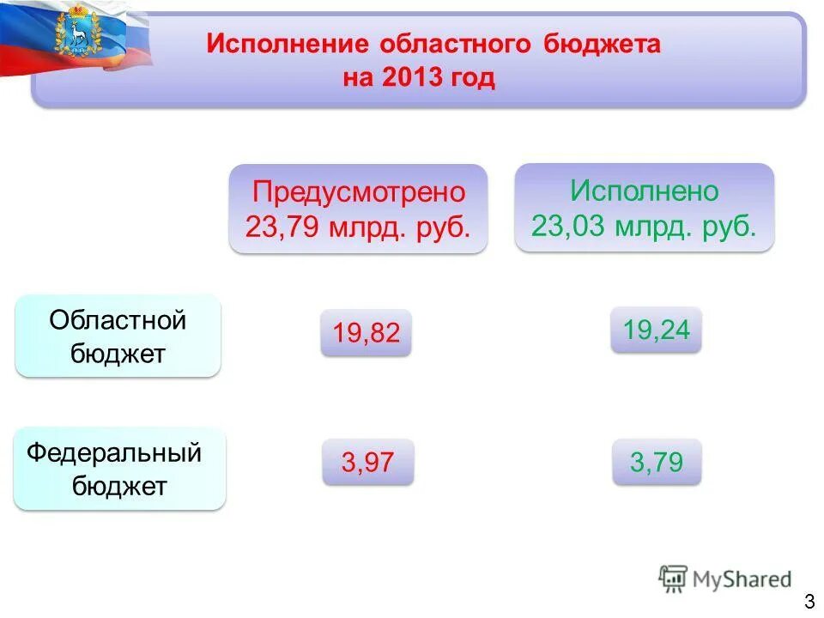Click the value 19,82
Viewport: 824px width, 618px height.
click(367, 333)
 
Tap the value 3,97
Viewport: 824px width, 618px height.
click(367, 463)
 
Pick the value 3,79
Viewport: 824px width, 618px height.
click(657, 463)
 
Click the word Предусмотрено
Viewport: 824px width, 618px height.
click(359, 192)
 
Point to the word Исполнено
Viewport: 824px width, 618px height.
click(645, 191)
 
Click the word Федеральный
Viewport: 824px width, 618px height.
click(114, 452)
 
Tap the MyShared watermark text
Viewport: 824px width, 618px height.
click(741, 579)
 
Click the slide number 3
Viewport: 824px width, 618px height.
click(809, 600)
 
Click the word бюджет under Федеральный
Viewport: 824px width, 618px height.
click(119, 487)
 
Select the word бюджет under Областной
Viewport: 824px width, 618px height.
click(118, 354)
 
